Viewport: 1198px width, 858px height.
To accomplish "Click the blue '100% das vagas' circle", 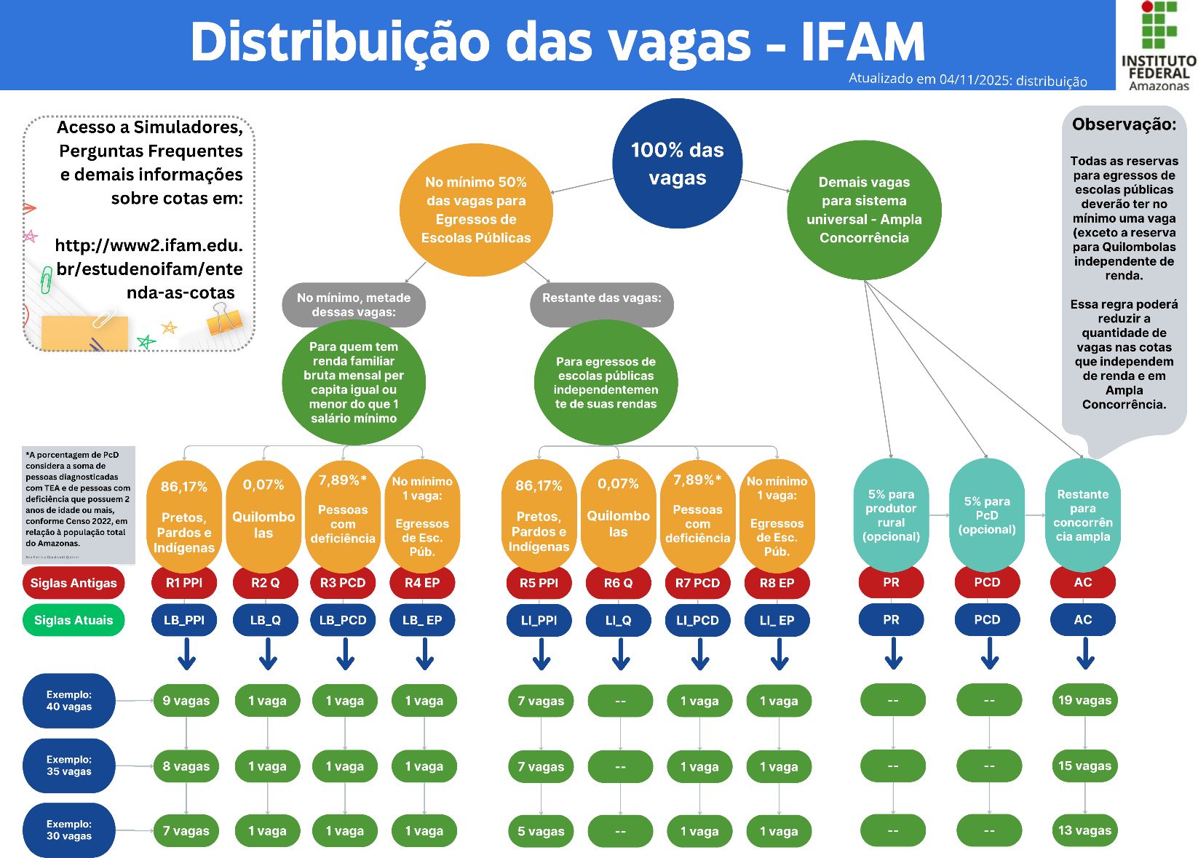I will coord(677,164).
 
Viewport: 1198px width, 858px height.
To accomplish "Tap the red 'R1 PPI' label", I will coord(184,583).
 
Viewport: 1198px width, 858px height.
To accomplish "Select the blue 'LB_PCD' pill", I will coord(343,620).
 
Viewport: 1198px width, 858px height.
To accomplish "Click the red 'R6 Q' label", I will coord(618,583).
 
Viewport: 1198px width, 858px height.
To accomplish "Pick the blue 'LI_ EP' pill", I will coord(777,621).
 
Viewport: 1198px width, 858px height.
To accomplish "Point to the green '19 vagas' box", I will coord(1084,700).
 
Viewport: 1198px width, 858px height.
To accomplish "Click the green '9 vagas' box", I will coord(186,701).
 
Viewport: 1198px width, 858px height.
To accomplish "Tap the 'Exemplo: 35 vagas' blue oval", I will coord(69,766).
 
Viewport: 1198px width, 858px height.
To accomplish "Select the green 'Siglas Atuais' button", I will coord(74,621).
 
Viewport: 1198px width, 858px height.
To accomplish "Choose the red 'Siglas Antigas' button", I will coord(74,583).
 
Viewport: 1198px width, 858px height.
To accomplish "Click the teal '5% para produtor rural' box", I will coord(891,515).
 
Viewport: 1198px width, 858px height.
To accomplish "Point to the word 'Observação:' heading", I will coord(1124,124).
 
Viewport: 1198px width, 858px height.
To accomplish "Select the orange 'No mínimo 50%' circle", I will coord(476,210).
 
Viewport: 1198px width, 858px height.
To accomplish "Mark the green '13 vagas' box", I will coord(1084,830).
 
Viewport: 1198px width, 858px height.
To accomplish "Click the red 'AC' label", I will coord(1083,582).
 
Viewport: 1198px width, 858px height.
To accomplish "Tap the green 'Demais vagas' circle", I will coord(864,210).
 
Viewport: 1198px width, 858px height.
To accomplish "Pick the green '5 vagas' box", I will coord(541,831).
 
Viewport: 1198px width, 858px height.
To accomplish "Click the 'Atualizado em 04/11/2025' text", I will coord(967,80).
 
